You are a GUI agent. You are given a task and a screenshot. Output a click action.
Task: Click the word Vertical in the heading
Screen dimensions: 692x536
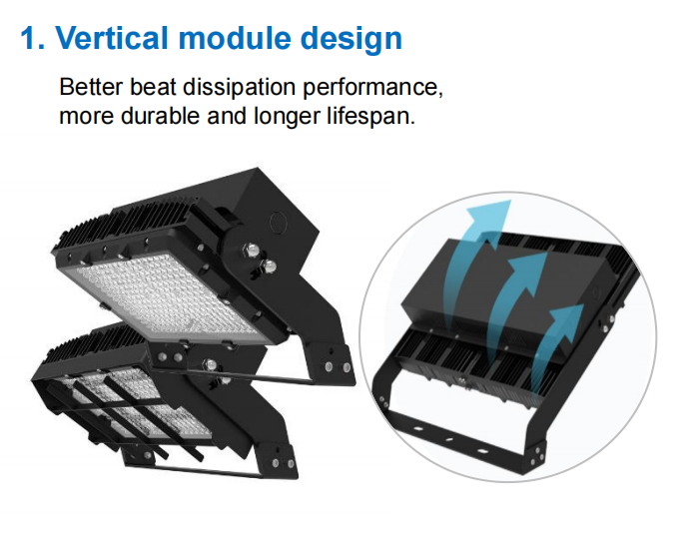(112, 38)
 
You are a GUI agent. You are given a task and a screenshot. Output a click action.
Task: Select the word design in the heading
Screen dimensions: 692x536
(351, 40)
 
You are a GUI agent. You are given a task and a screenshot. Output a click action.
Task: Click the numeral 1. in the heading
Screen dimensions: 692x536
(33, 38)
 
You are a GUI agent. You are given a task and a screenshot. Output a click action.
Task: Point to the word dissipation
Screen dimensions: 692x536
(239, 88)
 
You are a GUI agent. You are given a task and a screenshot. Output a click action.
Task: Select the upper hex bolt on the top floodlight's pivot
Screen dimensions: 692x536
(252, 251)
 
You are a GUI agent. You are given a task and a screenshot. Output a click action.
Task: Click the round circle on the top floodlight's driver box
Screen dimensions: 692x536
(279, 223)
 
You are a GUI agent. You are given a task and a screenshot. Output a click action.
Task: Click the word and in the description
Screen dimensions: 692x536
(227, 116)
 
